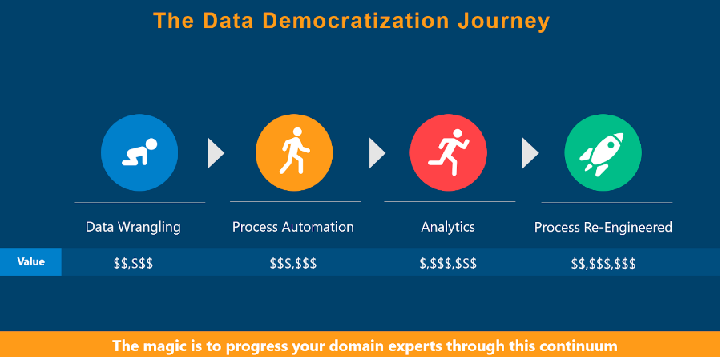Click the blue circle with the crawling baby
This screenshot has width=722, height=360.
[139, 152]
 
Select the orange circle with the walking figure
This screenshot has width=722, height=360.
[294, 152]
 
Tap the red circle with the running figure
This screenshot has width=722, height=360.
[448, 152]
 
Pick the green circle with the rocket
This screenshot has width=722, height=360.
[603, 152]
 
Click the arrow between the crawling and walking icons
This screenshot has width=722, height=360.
[215, 152]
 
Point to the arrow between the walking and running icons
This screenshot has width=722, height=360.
[377, 152]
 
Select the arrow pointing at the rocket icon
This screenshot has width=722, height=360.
[530, 152]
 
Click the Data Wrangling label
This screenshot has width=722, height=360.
[133, 227]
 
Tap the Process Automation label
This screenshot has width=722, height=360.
[292, 227]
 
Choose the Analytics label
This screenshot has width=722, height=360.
[448, 227]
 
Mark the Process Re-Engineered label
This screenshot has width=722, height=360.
[603, 227]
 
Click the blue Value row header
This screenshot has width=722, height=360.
[30, 262]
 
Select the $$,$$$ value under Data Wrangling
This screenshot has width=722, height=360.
[133, 264]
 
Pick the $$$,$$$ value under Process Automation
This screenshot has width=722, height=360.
[292, 264]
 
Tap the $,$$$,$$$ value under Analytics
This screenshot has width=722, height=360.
[448, 264]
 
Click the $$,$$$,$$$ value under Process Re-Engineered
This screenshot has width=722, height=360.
[603, 264]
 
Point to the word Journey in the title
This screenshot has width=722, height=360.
[504, 22]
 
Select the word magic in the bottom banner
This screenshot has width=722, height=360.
[161, 346]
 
